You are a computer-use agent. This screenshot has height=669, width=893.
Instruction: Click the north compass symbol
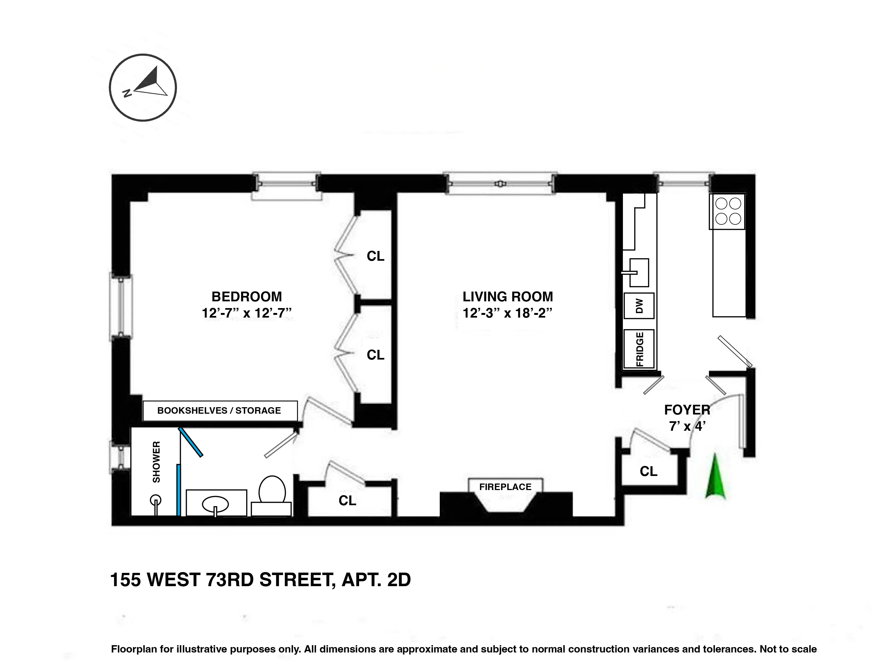click(x=143, y=87)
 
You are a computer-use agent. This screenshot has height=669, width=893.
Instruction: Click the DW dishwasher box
click(x=639, y=306)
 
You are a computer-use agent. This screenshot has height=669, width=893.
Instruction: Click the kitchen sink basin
click(x=639, y=272)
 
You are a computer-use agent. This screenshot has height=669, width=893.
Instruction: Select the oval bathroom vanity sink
click(x=215, y=503)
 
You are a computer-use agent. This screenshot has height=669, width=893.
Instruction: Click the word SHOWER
click(x=156, y=462)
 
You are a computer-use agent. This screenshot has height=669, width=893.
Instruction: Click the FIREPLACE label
click(x=505, y=487)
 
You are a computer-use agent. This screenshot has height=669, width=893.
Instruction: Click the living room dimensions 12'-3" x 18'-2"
click(x=507, y=313)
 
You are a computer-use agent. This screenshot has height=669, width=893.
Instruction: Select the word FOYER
click(x=687, y=410)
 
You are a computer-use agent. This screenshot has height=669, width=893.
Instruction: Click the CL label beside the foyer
click(x=648, y=471)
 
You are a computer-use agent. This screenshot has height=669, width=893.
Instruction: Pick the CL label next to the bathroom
click(x=347, y=501)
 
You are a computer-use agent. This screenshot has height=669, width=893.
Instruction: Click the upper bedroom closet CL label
click(x=375, y=256)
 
